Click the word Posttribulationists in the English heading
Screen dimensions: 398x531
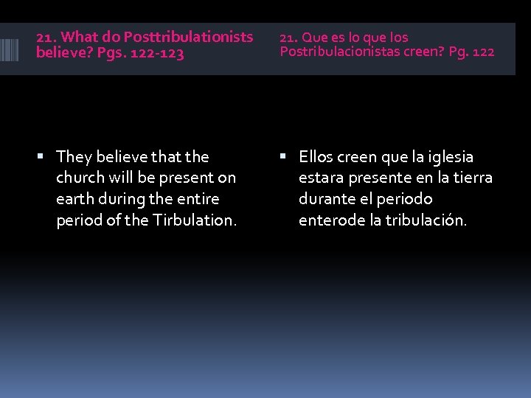188,37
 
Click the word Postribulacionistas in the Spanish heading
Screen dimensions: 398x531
340,52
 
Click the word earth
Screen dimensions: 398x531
74,199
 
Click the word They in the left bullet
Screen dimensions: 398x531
74,157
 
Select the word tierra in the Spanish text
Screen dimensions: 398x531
472,178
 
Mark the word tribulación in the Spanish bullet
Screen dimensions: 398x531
427,220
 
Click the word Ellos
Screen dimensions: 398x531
316,157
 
